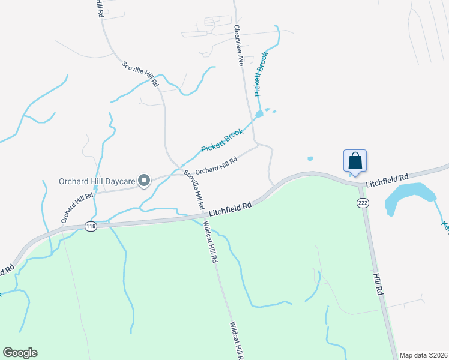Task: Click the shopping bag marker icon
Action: (355, 161)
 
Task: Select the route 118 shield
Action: (91, 226)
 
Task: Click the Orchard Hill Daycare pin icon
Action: (144, 181)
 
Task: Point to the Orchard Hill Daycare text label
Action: (96, 181)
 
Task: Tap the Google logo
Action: (20, 353)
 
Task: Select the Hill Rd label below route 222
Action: (378, 283)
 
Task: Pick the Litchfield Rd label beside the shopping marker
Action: (388, 178)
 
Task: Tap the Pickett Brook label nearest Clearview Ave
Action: (261, 74)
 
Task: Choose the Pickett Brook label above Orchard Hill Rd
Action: (221, 140)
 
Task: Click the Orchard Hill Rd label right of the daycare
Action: (216, 165)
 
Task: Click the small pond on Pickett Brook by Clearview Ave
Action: (259, 113)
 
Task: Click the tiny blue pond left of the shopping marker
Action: (310, 159)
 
